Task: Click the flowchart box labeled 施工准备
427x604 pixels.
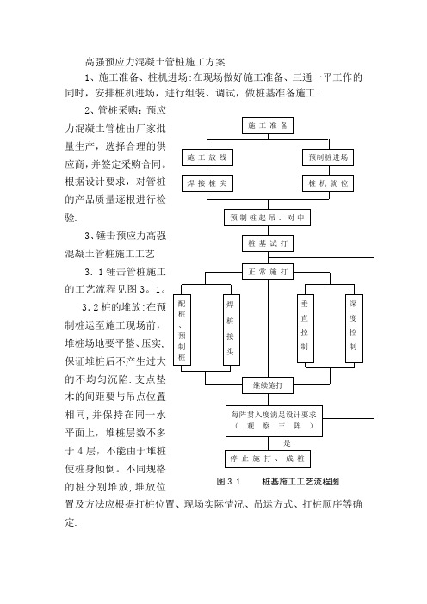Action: click(x=268, y=126)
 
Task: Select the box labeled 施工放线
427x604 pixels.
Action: click(x=207, y=157)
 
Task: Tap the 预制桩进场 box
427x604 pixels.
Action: click(x=328, y=157)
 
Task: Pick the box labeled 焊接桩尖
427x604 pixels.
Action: click(x=207, y=183)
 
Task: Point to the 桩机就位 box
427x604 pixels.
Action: click(x=328, y=183)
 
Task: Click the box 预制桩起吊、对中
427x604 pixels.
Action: click(x=268, y=218)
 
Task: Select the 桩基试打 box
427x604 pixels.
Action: click(x=268, y=243)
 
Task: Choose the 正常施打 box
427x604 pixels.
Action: click(x=268, y=272)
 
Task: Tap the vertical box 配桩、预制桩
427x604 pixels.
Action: click(x=182, y=330)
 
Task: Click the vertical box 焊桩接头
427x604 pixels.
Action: click(x=232, y=330)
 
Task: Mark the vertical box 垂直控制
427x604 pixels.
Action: click(x=306, y=329)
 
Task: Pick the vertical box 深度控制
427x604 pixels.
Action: click(x=354, y=329)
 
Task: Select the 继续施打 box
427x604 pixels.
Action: click(x=268, y=385)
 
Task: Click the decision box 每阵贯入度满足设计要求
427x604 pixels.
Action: click(x=274, y=421)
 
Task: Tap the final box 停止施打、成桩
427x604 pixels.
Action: click(x=268, y=459)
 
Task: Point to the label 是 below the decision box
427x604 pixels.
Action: click(x=288, y=443)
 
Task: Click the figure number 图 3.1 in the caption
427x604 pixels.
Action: click(x=228, y=482)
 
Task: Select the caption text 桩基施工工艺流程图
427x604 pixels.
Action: click(x=300, y=482)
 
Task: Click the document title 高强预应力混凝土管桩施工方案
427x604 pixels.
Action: click(x=155, y=62)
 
